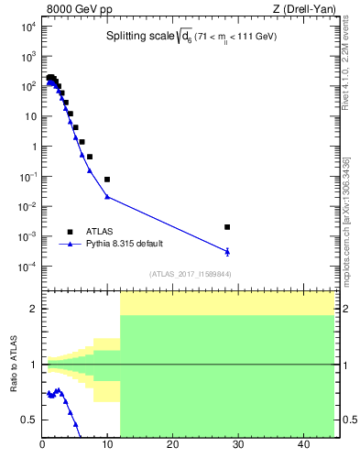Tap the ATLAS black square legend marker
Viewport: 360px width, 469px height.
pyautogui.click(x=69, y=232)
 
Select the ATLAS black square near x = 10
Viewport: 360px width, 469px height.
pyautogui.click(x=107, y=180)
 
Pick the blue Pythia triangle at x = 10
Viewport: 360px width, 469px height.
pyautogui.click(x=107, y=197)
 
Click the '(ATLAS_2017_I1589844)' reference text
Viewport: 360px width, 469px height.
pyautogui.click(x=191, y=274)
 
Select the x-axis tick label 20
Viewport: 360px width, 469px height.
pyautogui.click(x=172, y=444)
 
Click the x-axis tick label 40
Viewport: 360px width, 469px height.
pyautogui.click(x=302, y=444)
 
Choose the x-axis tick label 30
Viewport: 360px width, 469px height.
pyautogui.click(x=237, y=444)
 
